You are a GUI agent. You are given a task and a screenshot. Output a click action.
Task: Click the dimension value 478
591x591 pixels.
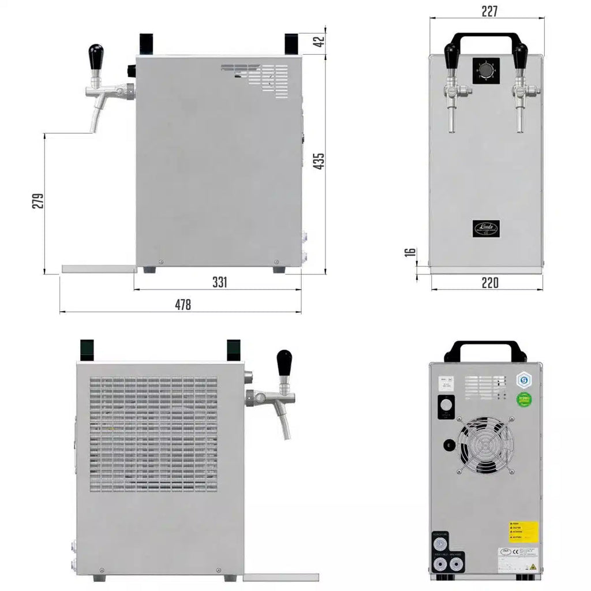[183, 305]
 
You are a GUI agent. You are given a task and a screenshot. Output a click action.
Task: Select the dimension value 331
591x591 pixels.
[219, 282]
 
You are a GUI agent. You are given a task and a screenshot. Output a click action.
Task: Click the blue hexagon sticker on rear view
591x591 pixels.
[523, 379]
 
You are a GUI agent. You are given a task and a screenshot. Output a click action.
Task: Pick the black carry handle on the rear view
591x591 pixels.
[485, 349]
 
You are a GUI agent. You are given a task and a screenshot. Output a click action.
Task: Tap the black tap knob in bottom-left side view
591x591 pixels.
[284, 362]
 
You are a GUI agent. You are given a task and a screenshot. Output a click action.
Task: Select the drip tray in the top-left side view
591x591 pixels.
[98, 269]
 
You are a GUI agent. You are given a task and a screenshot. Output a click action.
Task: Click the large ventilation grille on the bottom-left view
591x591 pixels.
[154, 434]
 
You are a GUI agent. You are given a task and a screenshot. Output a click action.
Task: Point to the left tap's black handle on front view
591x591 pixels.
[451, 55]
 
